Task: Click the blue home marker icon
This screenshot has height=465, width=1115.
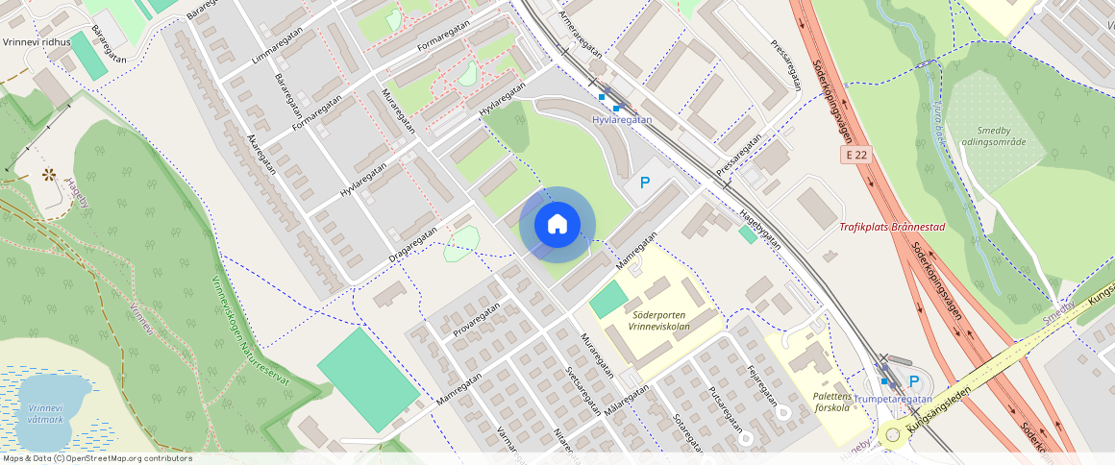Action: (557, 225)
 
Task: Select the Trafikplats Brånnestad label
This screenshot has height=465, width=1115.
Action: (892, 228)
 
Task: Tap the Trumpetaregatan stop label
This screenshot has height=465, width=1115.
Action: (894, 399)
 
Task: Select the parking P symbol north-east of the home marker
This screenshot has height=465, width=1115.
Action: (645, 183)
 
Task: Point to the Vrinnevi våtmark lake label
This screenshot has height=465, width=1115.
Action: (45, 413)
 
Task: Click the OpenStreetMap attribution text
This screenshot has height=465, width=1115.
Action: (96, 458)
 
